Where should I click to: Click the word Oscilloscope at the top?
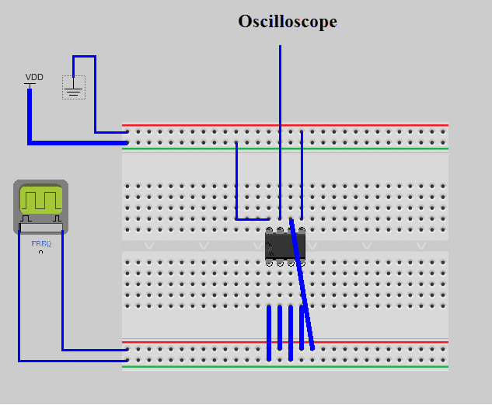(x=288, y=22)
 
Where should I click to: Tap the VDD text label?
(x=34, y=77)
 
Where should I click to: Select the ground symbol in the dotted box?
(x=74, y=90)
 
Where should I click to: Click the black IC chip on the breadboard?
(x=284, y=246)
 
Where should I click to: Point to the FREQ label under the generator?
(x=40, y=243)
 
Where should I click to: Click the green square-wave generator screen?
(x=40, y=199)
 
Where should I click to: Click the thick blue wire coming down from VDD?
(x=30, y=117)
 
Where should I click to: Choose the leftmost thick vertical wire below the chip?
(x=269, y=333)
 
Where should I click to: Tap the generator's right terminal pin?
(x=59, y=221)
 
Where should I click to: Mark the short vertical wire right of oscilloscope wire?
(x=302, y=175)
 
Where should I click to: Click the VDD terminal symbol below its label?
(x=30, y=85)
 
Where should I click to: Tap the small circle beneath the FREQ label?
(x=40, y=252)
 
